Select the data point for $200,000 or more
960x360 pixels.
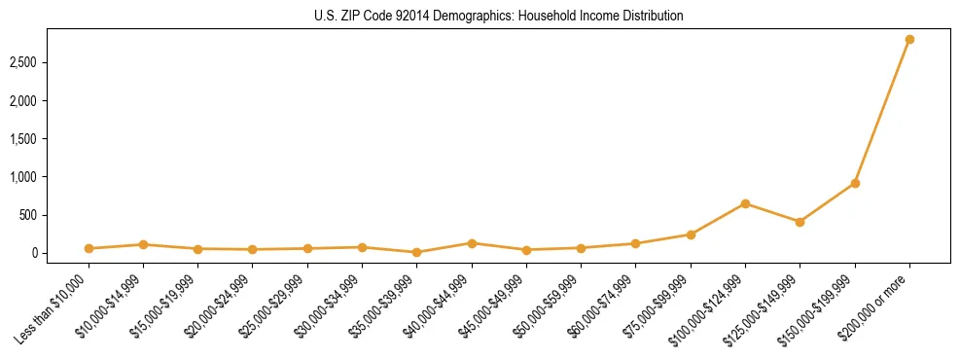909,40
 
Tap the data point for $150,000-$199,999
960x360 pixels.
855,183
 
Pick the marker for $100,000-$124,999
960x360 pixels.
745,203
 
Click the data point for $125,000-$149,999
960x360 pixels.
800,222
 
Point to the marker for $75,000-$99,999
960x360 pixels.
691,234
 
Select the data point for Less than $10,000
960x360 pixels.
89,248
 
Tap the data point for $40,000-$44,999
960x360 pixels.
472,243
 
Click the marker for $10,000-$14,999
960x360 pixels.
143,244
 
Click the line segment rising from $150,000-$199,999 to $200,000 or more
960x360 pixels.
882,111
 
